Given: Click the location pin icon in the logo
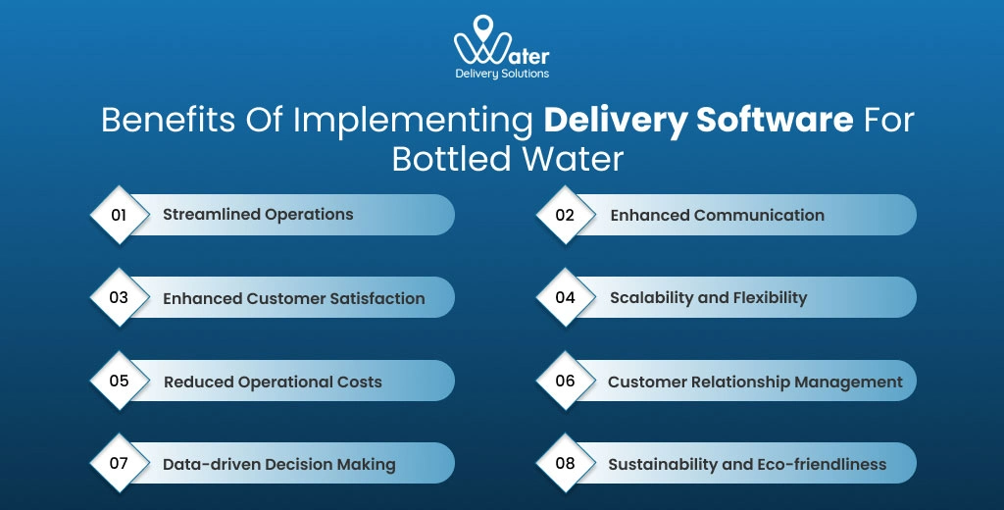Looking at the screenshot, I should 483,26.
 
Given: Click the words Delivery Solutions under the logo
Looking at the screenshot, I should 502,74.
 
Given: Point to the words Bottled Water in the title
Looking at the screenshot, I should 507,158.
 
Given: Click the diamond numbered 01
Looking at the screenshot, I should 119,214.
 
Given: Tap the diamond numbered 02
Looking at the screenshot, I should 565,214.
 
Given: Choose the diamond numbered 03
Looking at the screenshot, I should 119,297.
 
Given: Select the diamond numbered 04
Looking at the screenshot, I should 565,297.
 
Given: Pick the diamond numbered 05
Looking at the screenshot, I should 119,381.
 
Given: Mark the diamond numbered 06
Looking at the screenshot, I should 565,381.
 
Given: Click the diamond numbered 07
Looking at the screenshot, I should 119,463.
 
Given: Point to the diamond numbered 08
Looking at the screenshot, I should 565,463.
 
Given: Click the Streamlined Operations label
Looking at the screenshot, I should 258,214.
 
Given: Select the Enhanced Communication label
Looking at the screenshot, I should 717,215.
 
